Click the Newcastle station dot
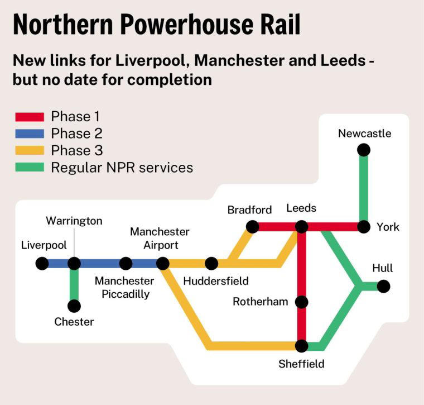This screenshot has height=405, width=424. click(364, 150)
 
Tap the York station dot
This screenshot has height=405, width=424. click(364, 227)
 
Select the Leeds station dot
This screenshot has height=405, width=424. click(302, 227)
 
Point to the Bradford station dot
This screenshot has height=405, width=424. click(252, 227)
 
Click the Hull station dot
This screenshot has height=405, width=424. click(383, 286)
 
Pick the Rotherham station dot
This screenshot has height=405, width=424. click(302, 302)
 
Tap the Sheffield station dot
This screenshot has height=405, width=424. click(302, 346)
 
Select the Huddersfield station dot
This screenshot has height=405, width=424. click(211, 263)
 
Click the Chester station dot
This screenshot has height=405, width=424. click(74, 306)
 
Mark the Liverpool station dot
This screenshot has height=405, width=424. click(42, 263)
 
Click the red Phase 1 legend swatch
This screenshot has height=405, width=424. click(29, 117)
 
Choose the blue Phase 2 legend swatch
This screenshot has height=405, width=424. click(29, 134)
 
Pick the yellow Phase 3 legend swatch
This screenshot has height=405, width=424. click(29, 150)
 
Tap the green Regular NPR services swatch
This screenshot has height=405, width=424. click(29, 167)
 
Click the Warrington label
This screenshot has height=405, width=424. click(74, 221)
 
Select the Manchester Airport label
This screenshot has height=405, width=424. click(160, 238)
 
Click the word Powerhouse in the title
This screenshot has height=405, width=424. click(186, 25)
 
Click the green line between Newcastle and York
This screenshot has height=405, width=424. click(364, 188)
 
